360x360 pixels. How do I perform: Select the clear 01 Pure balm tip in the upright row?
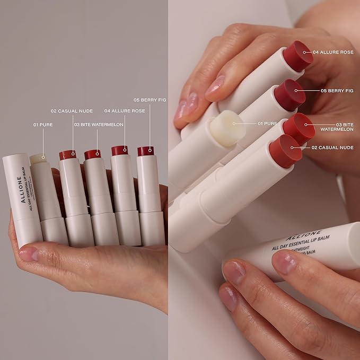(37, 158)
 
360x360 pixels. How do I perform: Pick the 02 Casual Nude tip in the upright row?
(67, 154)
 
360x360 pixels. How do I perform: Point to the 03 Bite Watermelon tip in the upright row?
(92, 154)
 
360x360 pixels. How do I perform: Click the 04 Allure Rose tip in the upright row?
(119, 150)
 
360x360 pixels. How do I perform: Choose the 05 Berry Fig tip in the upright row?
(145, 151)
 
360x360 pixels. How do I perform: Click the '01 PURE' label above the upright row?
(42, 125)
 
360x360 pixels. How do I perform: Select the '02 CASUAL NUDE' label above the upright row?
(72, 111)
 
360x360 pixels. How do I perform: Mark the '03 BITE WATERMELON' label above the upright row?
(99, 125)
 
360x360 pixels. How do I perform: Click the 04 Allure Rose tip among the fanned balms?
(297, 56)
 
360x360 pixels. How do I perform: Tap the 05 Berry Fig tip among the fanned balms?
(289, 94)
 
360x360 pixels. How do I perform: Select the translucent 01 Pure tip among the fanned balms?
(227, 128)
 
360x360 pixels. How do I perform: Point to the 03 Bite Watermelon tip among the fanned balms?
(298, 128)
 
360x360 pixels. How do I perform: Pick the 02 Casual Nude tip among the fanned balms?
(285, 151)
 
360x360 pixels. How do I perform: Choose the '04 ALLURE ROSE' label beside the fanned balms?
(333, 52)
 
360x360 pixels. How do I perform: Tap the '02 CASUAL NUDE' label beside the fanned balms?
(333, 147)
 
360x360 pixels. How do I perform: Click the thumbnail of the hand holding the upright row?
(85, 249)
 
